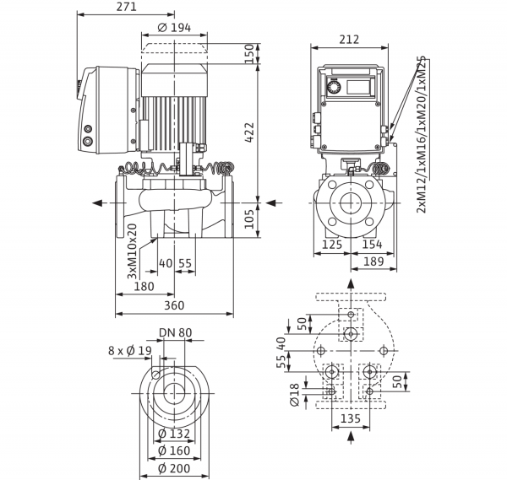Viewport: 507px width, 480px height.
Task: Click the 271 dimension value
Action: click(127, 7)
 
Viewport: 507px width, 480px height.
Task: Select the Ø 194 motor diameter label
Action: click(174, 28)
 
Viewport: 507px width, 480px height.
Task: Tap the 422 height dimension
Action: click(249, 132)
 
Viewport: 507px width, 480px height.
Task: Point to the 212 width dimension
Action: click(349, 40)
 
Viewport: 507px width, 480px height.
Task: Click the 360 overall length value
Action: click(174, 305)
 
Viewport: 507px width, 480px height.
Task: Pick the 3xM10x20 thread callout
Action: click(132, 251)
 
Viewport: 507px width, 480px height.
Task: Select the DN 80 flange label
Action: click(176, 332)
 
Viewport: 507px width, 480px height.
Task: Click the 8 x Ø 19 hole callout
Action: click(130, 351)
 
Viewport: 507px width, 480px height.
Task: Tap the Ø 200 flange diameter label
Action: click(174, 468)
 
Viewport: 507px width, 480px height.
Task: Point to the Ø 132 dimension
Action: click(174, 434)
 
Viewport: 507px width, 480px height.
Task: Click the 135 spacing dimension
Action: click(351, 418)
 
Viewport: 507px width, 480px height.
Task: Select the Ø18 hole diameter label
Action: click(295, 395)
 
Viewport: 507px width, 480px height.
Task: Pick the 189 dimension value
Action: click(373, 262)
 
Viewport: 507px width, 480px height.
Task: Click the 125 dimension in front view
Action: click(332, 245)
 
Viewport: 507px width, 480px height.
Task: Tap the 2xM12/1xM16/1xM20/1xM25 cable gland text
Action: click(422, 135)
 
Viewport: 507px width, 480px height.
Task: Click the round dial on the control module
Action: click(332, 87)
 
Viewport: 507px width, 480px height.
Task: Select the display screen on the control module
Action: click(358, 87)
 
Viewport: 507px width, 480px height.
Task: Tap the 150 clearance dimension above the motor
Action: click(249, 54)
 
